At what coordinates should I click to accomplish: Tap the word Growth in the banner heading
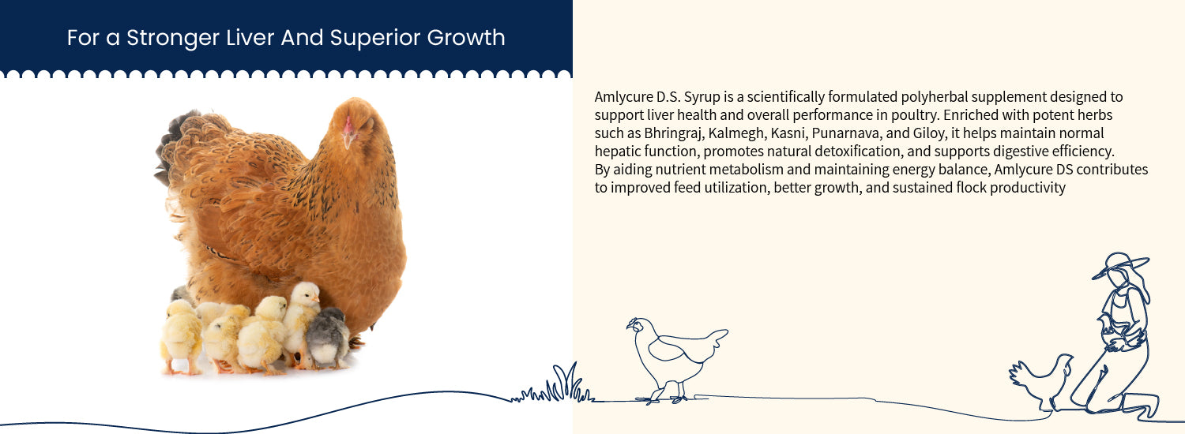[x=466, y=38]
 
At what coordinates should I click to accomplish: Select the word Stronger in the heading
[x=173, y=39]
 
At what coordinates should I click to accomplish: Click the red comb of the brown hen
[x=348, y=125]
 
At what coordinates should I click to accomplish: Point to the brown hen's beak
[x=347, y=140]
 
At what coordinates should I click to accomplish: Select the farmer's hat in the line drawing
[x=1120, y=265]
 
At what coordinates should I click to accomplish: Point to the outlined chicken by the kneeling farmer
[x=1040, y=382]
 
